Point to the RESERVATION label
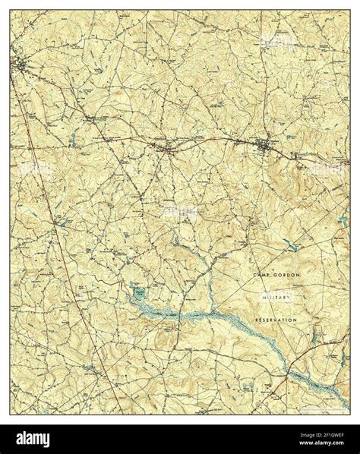[285, 321]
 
